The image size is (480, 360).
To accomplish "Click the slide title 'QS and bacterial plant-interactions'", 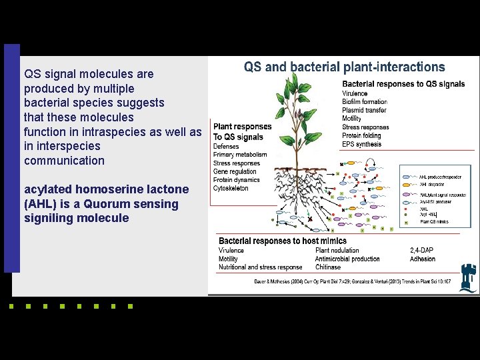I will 344,67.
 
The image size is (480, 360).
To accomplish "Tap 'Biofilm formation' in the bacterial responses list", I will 365,102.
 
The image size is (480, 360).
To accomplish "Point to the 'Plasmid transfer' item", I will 364,110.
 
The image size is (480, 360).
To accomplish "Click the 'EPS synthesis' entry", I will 362,143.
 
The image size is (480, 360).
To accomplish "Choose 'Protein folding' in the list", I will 363,135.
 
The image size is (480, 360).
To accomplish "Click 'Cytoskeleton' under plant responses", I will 231,189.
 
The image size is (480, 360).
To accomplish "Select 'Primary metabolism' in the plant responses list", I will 240,155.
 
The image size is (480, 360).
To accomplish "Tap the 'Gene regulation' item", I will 235,172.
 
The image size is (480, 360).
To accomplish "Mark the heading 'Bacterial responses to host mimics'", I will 283,241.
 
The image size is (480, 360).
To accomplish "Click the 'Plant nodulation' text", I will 337,251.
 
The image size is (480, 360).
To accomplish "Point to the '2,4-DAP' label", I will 423,251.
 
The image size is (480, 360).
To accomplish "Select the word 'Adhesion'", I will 423,259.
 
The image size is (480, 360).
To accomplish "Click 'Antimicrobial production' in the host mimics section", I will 347,259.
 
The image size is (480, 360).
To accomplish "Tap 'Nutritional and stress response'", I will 261,267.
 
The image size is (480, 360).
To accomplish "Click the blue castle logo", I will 469,279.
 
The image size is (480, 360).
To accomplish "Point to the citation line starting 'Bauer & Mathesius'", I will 352,281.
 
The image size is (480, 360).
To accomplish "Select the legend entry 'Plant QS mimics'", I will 434,222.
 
